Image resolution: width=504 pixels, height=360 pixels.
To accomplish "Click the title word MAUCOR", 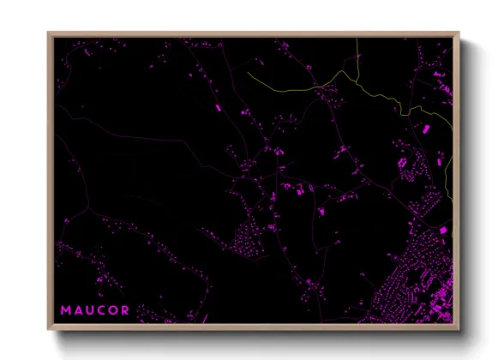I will pos(94,309).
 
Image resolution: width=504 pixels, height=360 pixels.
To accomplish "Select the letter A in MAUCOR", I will pos(78,309).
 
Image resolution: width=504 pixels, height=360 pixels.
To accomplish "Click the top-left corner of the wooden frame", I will pos(49,33).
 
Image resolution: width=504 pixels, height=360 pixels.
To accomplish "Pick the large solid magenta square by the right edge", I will pos(443,230).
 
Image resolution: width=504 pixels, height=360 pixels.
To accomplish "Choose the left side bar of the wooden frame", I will pos(51,180).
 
